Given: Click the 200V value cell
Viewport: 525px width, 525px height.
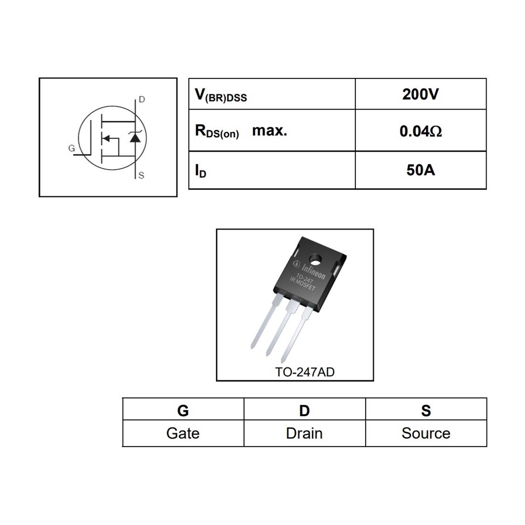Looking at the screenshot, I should pos(420,94).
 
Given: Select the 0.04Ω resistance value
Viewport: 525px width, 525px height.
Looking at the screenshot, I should pos(420,131).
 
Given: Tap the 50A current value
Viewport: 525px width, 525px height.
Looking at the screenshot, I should pos(420,170).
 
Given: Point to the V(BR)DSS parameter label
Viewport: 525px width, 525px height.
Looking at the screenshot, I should pos(220,95).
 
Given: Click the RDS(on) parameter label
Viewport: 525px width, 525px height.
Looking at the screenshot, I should pos(216,132).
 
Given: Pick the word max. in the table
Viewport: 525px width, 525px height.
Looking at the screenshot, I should pos(270,130).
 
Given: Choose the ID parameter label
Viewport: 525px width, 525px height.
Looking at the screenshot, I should pos(200,171).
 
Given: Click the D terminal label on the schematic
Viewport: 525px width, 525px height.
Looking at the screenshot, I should pos(142,99).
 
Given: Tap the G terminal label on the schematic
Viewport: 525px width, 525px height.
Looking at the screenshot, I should pos(71,149).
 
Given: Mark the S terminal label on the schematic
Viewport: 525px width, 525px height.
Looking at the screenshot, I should pos(142,175).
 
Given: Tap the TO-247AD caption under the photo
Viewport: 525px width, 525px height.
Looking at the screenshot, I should pos(305,372).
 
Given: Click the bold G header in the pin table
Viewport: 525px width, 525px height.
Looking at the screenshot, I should pos(183,410).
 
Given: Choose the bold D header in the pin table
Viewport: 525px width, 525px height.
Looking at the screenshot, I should pos(305,410).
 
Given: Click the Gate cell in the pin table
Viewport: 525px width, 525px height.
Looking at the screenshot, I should pos(183,433).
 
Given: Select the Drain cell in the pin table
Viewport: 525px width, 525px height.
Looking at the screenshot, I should pos(305,433).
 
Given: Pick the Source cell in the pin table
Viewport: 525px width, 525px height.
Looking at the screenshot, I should pos(426,433).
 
